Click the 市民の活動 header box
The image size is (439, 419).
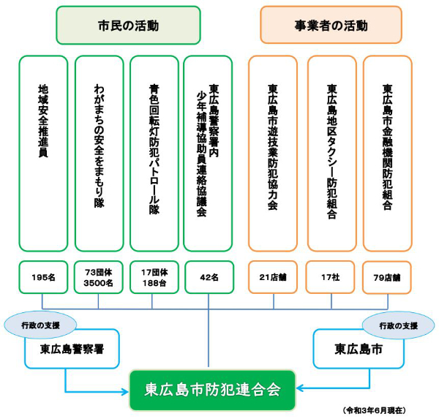tap(128, 26)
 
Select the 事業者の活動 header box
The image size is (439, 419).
tap(331, 26)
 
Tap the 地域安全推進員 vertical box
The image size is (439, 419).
tap(43, 154)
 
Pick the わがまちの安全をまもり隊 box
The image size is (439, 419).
tap(99, 154)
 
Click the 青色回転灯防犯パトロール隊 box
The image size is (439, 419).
tap(154, 154)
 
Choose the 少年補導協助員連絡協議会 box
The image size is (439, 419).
tap(208, 154)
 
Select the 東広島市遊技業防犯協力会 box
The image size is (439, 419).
tap(273, 154)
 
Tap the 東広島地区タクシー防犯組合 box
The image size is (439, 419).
tap(331, 154)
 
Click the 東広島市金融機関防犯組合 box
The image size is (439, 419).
tap(387, 154)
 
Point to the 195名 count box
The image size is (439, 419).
tap(43, 277)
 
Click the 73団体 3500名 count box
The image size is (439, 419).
tap(99, 277)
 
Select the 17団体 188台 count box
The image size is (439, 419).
tap(154, 277)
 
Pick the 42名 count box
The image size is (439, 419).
tap(208, 277)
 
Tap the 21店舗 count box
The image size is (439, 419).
tap(273, 277)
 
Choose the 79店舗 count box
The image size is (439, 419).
tap(387, 277)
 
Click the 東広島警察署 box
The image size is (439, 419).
tap(71, 349)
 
